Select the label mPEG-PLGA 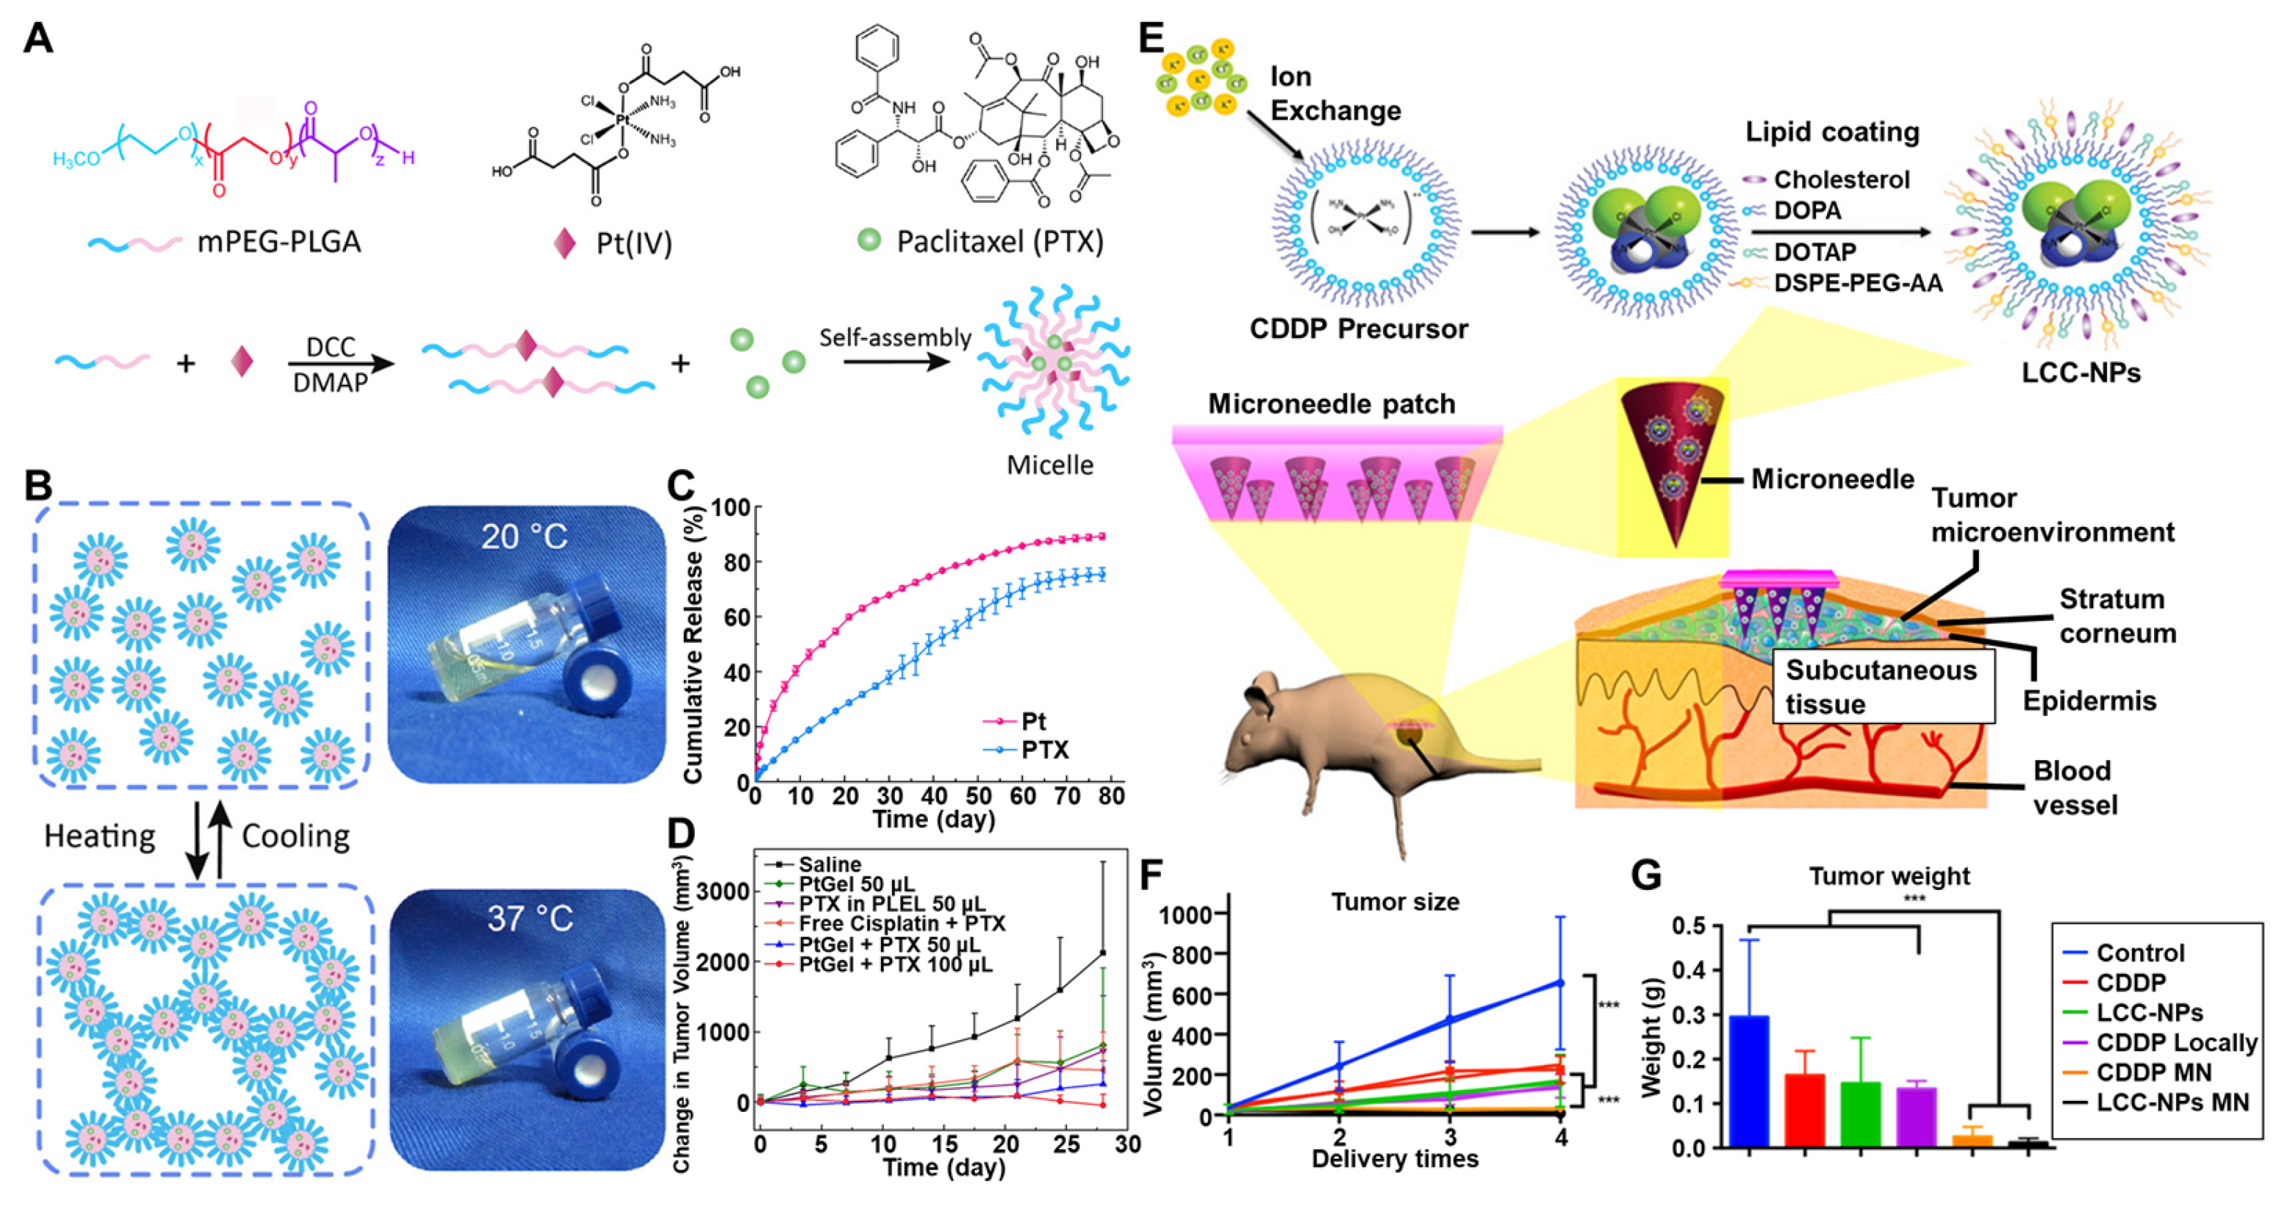[279, 242]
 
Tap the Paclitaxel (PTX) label [999, 242]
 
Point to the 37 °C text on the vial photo [530, 918]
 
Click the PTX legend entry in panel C [1044, 751]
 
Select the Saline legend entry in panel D [829, 864]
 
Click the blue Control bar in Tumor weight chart [1748, 1082]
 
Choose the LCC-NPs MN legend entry [2172, 1103]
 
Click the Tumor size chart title [1395, 902]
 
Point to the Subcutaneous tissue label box [1882, 687]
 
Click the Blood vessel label [2075, 788]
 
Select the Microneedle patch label [1332, 405]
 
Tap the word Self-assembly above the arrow [894, 338]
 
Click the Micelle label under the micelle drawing [1050, 465]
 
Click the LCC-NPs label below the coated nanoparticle [2081, 372]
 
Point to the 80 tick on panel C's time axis [1111, 796]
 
